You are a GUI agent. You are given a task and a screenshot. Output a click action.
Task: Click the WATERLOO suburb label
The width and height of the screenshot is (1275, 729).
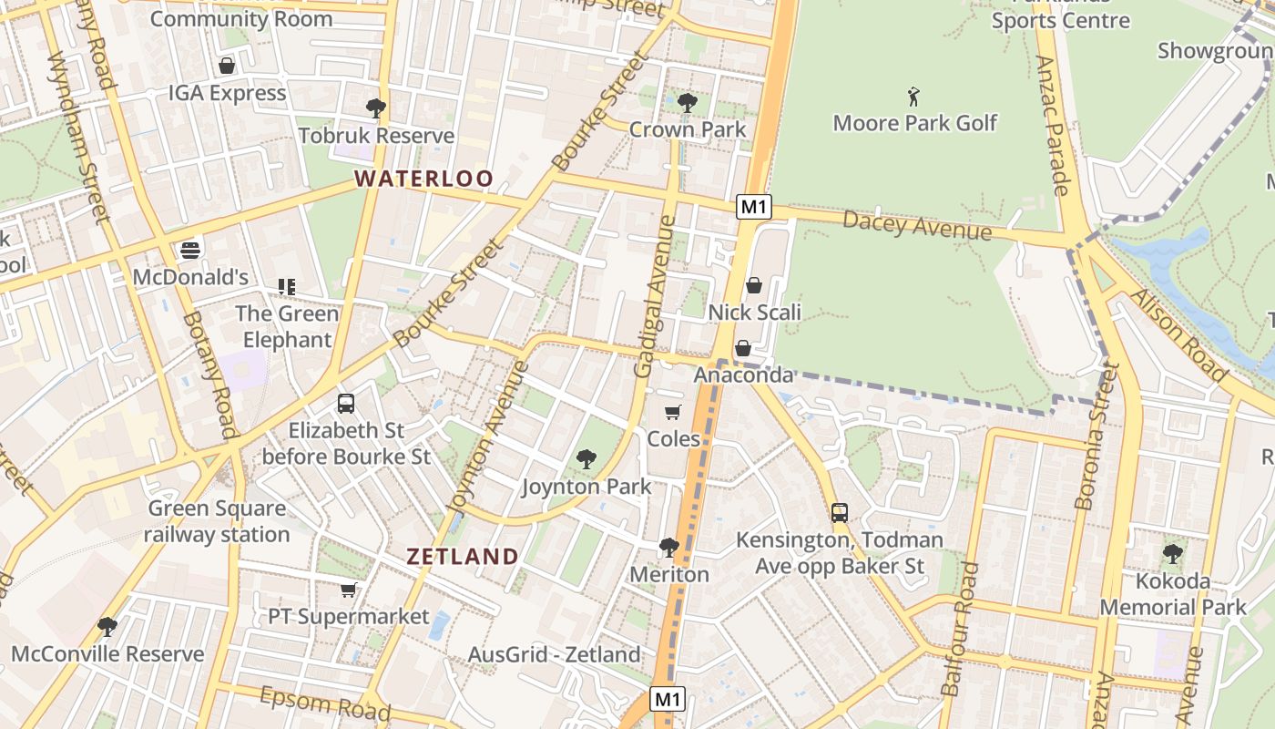pyautogui.click(x=424, y=179)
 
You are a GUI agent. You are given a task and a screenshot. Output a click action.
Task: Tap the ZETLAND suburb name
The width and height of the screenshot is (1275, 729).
pyautogui.click(x=463, y=556)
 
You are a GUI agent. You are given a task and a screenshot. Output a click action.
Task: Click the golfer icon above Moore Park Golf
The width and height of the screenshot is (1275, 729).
pyautogui.click(x=914, y=97)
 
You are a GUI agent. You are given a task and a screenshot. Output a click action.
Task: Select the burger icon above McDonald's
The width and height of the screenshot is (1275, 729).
pyautogui.click(x=190, y=250)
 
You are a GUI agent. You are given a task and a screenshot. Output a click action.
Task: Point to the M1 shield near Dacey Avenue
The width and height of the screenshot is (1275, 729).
pyautogui.click(x=754, y=207)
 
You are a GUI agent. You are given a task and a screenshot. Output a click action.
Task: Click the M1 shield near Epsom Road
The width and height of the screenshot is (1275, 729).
pyautogui.click(x=668, y=700)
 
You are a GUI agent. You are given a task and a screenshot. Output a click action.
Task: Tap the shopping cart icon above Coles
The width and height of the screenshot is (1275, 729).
pyautogui.click(x=673, y=413)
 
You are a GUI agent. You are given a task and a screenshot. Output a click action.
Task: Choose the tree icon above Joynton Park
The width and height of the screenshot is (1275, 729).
pyautogui.click(x=586, y=459)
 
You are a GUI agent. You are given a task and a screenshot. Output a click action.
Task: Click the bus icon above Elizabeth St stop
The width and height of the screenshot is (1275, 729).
pyautogui.click(x=346, y=403)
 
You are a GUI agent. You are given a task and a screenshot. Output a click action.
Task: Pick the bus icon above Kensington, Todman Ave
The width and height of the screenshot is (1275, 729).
pyautogui.click(x=840, y=513)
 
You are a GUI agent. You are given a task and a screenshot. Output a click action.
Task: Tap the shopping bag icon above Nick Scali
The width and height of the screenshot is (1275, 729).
pyautogui.click(x=754, y=285)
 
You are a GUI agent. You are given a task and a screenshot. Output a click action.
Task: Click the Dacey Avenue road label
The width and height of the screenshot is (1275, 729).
pyautogui.click(x=916, y=224)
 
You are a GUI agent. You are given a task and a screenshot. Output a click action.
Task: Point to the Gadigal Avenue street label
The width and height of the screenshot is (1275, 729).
pyautogui.click(x=656, y=297)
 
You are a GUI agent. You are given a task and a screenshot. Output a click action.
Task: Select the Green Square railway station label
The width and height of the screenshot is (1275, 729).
pyautogui.click(x=217, y=521)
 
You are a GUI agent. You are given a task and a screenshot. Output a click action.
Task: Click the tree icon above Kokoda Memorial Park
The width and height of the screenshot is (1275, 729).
pyautogui.click(x=1173, y=553)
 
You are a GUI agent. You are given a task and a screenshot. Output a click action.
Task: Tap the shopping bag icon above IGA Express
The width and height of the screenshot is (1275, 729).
pyautogui.click(x=227, y=66)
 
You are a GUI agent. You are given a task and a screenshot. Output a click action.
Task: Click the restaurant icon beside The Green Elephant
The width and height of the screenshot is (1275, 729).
pyautogui.click(x=287, y=287)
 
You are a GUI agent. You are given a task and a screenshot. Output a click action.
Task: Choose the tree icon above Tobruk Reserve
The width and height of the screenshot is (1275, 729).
pyautogui.click(x=375, y=108)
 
